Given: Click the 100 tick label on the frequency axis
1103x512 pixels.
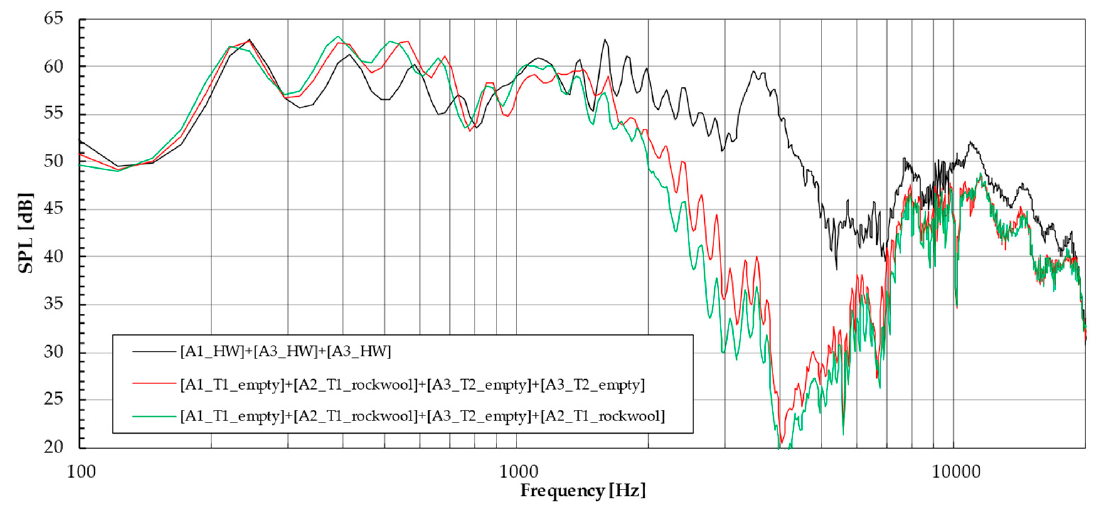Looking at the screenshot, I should pos(81,472).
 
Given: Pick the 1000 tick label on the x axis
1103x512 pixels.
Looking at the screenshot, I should pos(518,472).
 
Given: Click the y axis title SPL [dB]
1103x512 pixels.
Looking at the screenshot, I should pos(26,233).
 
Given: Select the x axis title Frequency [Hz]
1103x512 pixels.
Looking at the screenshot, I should pos(583,491).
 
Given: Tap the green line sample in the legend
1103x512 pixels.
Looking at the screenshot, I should pos(154,416).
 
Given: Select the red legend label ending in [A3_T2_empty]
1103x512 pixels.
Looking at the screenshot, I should pos(412,385).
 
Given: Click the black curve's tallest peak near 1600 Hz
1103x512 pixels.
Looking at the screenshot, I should pos(605,40).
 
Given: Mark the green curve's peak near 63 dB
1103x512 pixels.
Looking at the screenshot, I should pos(338,36).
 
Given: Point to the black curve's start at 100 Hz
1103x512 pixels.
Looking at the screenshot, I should pos(80,140).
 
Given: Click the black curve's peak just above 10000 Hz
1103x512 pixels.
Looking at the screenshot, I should pos(970,143).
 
